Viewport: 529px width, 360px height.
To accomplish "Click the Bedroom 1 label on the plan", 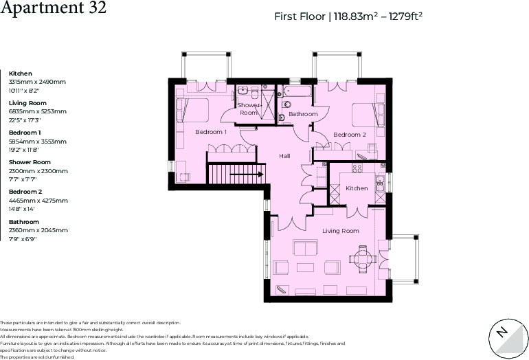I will coord(211,132).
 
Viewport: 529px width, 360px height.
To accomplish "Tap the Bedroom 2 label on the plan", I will coord(350,135).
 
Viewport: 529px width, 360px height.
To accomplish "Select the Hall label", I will coord(284,156).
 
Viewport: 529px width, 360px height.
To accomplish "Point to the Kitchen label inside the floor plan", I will coord(357,188).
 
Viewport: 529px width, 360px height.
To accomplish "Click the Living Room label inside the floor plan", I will coord(341,231).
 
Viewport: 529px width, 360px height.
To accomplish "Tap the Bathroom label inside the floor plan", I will coord(303,114).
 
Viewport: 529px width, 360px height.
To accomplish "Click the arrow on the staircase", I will coord(247,175).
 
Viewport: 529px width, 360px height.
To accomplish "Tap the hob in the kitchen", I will coord(357,168).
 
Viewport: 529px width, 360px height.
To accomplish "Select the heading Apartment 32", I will coord(53,9).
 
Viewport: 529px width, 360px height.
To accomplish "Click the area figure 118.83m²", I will coord(357,16).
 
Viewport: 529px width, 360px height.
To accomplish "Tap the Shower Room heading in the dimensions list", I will coord(30,162).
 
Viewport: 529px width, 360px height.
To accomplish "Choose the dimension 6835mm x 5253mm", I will coord(37,111).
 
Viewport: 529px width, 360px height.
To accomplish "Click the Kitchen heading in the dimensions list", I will coord(21,74).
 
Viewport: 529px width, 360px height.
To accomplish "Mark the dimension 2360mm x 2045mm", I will coord(38,230).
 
